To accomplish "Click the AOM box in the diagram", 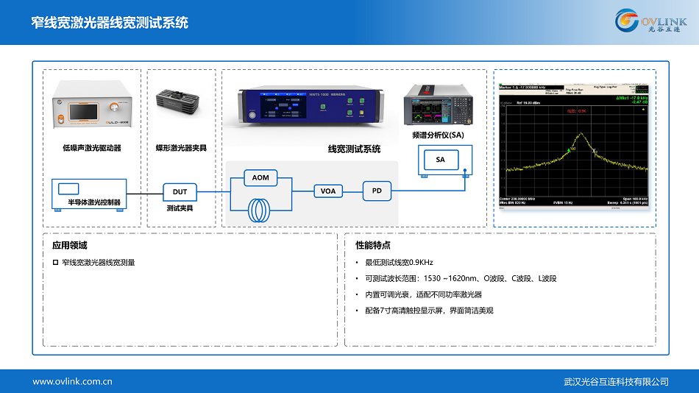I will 260,177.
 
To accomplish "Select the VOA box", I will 328,191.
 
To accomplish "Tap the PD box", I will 377,191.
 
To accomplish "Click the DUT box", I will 180,192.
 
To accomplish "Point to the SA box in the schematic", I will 440,160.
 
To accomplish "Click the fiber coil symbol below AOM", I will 261,209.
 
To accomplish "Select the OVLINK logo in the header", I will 652,21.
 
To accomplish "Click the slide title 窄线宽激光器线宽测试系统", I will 110,23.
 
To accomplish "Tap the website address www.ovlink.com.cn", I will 72,381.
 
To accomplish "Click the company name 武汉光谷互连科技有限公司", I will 616,381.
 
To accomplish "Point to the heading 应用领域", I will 69,245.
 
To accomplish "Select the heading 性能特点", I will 373,245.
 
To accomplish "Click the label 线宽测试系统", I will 354,149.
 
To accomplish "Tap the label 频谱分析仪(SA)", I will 439,135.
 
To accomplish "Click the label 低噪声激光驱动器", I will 92,148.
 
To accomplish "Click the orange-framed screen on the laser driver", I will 84,113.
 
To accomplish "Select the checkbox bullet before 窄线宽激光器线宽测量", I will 55,262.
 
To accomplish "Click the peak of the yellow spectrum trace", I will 580,133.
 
